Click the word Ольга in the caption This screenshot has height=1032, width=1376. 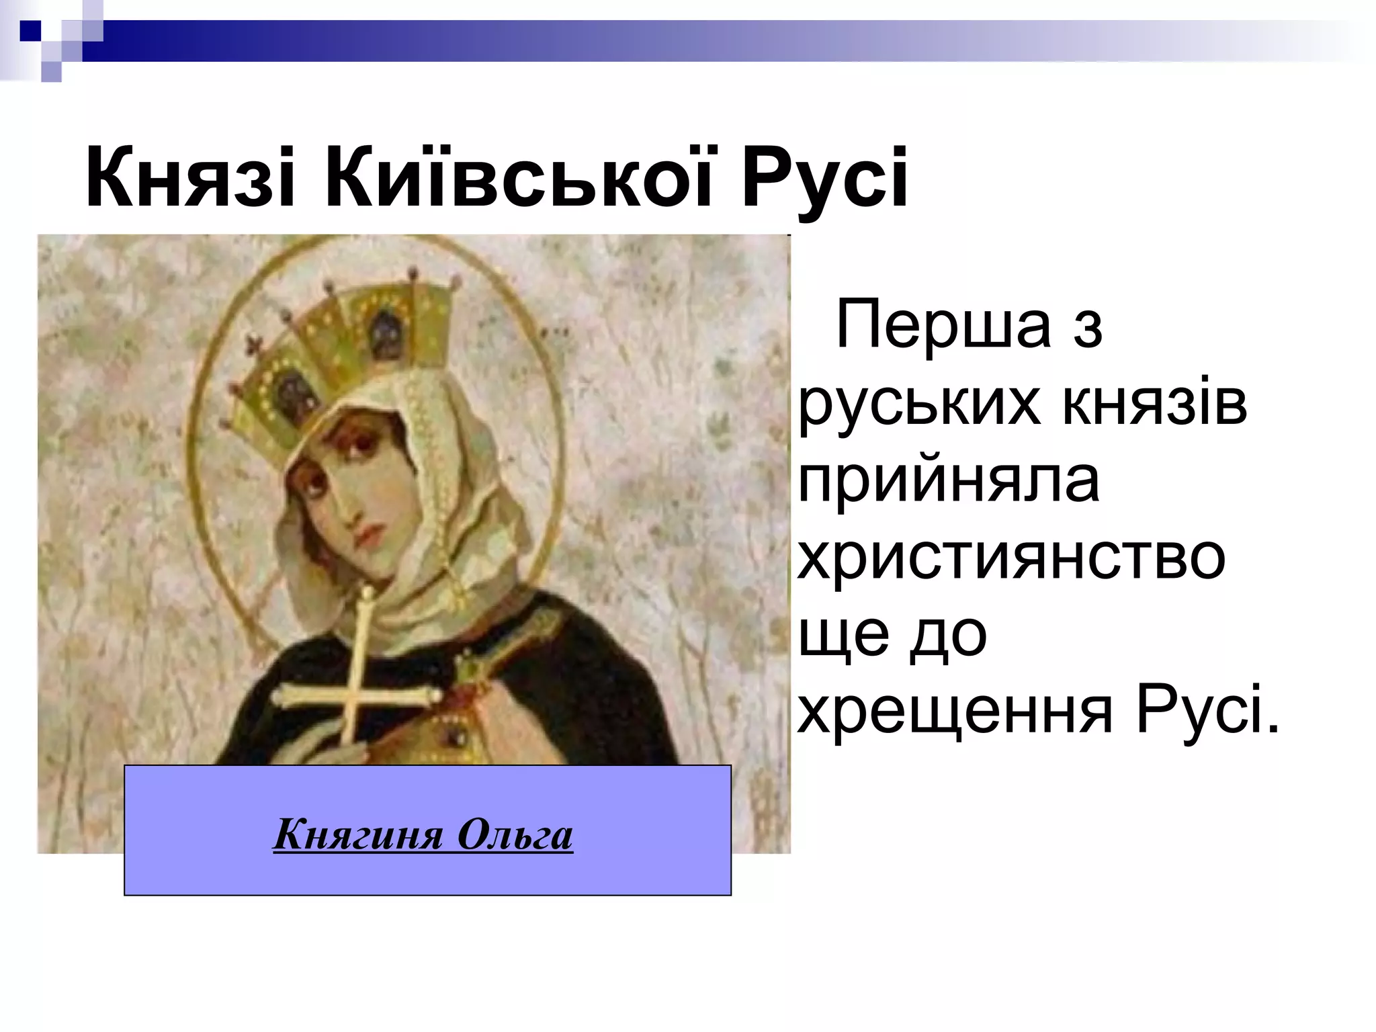coord(515,834)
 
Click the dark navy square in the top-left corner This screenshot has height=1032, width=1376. coord(30,30)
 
